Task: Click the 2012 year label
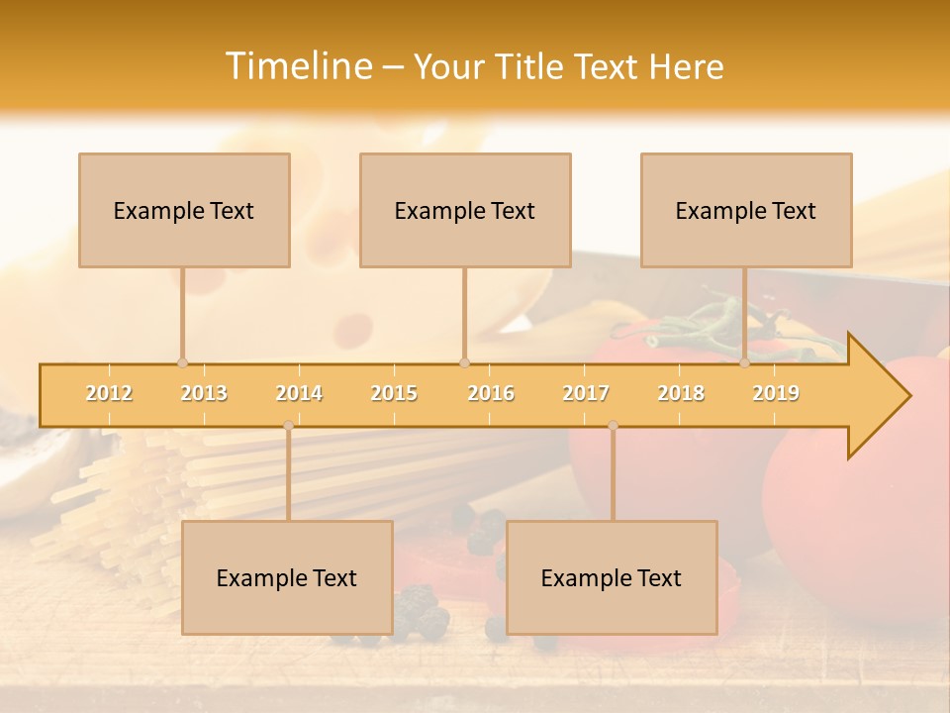tap(109, 393)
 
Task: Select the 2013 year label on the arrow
tap(204, 393)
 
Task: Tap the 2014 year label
tap(299, 393)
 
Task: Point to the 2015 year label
tap(394, 393)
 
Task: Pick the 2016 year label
tap(491, 393)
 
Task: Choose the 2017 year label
tap(586, 393)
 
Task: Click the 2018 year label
tap(681, 393)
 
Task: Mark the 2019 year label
tap(776, 393)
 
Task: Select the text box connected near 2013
tap(184, 210)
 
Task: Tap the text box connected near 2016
tap(465, 210)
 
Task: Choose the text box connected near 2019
tap(746, 210)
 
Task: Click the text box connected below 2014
tap(287, 577)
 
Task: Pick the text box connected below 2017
tap(612, 577)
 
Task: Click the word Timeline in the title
tap(297, 66)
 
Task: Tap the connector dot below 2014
tap(288, 425)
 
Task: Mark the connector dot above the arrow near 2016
tap(464, 362)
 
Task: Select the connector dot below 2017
tap(613, 425)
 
